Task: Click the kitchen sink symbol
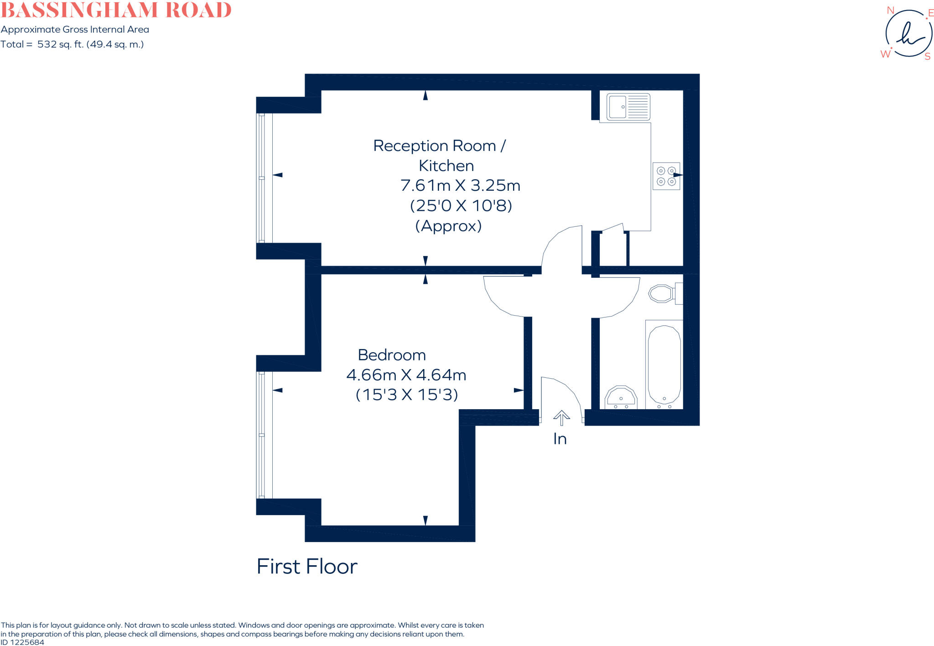coord(628,107)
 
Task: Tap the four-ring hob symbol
coord(666,176)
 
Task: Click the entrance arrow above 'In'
coord(561,417)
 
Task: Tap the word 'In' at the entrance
coord(560,439)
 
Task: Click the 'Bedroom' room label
coord(392,355)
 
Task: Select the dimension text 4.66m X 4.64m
coord(406,375)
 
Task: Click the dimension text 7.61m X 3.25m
coord(460,186)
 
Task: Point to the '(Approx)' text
coord(448,226)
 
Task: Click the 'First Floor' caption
coord(307,567)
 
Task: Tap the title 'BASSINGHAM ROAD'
coord(116,10)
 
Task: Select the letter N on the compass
coord(890,10)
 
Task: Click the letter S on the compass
coord(927,57)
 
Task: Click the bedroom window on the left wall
coord(262,435)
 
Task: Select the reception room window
coord(262,178)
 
